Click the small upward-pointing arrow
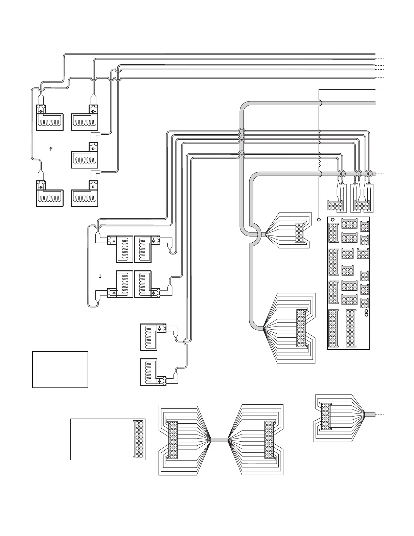(51, 149)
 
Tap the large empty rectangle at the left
(60, 370)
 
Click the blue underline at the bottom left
(67, 533)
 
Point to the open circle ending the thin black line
(319, 219)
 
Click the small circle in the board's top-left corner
(332, 219)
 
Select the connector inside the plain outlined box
(139, 439)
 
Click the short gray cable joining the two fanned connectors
(219, 440)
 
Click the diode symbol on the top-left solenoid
(41, 111)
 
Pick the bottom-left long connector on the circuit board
(333, 328)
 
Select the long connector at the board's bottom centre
(351, 328)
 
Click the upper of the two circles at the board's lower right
(366, 311)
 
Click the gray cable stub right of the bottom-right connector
(370, 414)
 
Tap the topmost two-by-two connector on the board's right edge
(365, 226)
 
